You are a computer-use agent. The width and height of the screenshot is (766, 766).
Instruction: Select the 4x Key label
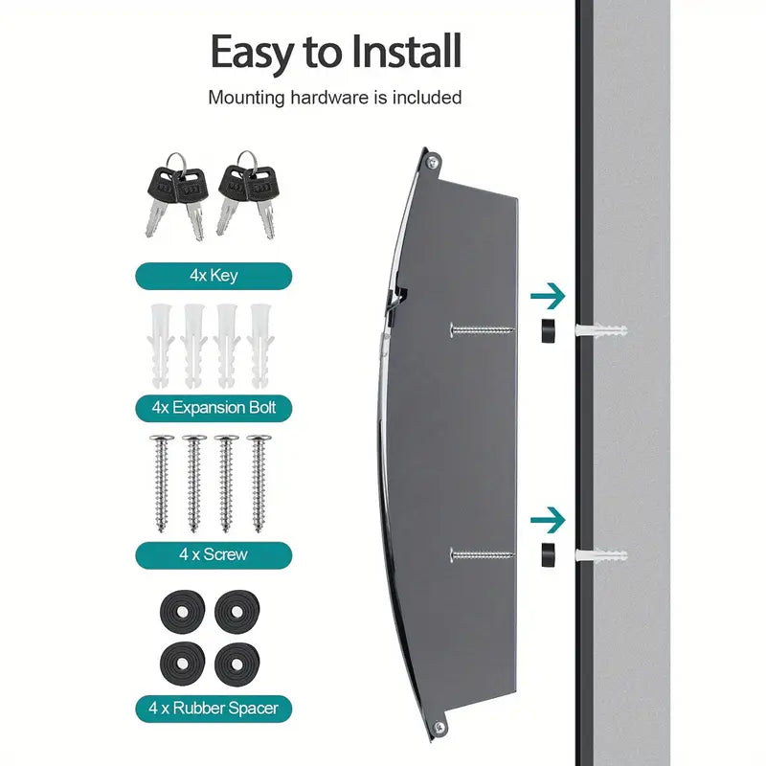point(213,276)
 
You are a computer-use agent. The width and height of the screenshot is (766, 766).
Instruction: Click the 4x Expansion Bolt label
point(213,408)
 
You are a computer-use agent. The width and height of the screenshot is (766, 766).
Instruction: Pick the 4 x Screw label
point(213,554)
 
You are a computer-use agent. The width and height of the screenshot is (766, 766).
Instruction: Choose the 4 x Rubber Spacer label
point(213,710)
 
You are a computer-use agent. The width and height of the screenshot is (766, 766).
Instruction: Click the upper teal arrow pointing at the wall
point(548,296)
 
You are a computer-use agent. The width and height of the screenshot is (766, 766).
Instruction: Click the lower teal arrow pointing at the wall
point(548,520)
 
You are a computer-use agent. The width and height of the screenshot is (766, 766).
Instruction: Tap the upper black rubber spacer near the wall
point(548,330)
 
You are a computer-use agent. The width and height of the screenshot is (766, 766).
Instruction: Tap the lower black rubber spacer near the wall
point(548,554)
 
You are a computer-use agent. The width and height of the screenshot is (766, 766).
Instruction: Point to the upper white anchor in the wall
point(601,330)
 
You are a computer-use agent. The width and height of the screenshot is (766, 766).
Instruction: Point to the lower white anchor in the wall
point(601,554)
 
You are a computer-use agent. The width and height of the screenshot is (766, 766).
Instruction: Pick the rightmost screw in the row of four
point(259,484)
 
